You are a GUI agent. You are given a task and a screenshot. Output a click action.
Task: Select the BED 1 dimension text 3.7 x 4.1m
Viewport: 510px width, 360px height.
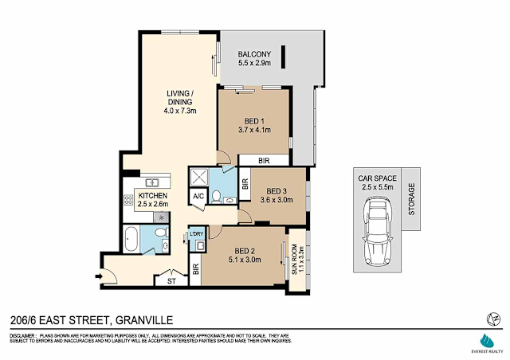[255, 129]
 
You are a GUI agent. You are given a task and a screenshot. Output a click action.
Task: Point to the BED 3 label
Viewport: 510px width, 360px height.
[276, 191]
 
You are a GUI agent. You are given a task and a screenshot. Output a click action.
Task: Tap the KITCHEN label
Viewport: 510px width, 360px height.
[151, 195]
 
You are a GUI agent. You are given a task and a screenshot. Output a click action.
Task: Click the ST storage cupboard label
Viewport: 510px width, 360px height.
[171, 280]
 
